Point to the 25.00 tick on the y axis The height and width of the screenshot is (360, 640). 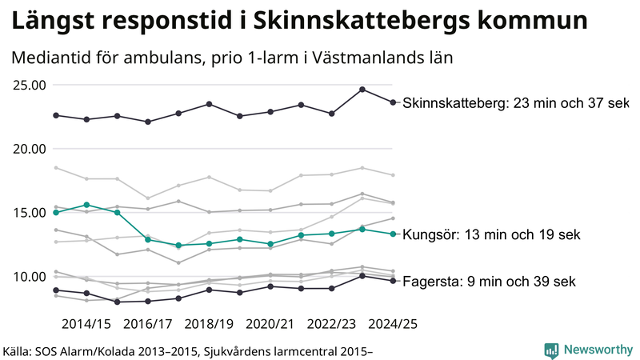point(27,85)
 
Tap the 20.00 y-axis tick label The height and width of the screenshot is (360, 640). point(27,149)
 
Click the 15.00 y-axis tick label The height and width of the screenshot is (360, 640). point(27,213)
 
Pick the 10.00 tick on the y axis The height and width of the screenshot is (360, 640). point(27,277)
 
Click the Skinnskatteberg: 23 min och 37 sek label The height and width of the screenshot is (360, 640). point(516,103)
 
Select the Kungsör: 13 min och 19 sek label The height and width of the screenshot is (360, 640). point(490,234)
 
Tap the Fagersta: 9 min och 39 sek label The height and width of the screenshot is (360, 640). point(489,282)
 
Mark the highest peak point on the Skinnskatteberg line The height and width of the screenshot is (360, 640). point(362,90)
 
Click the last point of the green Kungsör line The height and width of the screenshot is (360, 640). point(393,234)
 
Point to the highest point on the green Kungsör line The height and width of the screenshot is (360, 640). point(86,205)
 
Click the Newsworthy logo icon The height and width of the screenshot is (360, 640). point(551,350)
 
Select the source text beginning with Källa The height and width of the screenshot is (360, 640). point(189,350)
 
